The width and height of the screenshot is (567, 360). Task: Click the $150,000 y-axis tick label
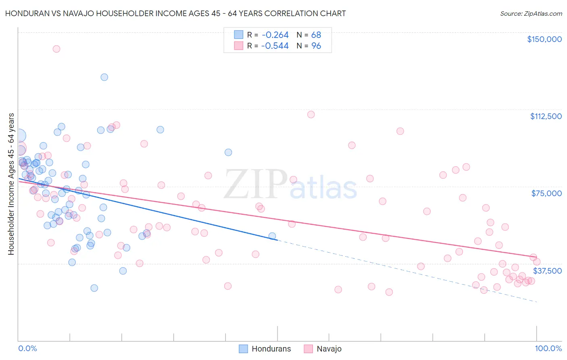coord(544,39)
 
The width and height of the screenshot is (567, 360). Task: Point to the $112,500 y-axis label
coord(546,116)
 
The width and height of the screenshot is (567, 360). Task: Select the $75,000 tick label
coord(546,193)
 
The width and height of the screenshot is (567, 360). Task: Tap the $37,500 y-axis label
coord(547,271)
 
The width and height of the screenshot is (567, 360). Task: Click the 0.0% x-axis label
coord(28,348)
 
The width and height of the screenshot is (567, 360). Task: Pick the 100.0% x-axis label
coord(548,348)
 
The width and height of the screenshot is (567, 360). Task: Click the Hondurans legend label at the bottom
coord(271,349)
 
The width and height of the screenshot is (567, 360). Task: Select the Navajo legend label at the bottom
coord(329,349)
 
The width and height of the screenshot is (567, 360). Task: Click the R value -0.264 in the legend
coord(275,35)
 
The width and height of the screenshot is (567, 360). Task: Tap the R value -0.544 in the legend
coord(275,46)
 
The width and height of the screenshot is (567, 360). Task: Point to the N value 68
coord(316,35)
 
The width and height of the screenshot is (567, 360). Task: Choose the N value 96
coord(316,46)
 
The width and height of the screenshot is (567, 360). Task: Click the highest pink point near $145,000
coord(56,49)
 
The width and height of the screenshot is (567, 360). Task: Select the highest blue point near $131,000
coord(104,77)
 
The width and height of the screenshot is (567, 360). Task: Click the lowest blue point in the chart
coord(94,288)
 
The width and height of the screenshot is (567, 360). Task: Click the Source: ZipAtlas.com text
coord(531,14)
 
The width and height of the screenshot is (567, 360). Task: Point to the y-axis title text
coord(11,184)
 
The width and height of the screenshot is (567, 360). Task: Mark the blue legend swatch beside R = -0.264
coord(239,35)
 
